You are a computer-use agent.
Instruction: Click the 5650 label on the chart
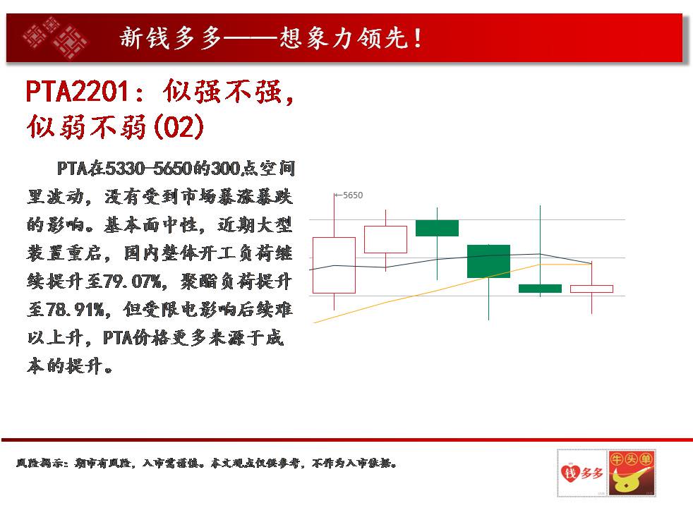click(353, 195)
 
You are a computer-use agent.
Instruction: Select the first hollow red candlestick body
click(313, 265)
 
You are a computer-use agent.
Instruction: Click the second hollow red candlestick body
click(365, 239)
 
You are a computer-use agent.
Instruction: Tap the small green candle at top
click(437, 228)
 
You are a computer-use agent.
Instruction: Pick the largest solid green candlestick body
click(488, 261)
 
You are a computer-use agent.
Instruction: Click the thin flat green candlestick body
click(540, 289)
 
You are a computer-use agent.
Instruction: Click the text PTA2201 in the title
click(78, 92)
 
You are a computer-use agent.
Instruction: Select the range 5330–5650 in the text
click(149, 169)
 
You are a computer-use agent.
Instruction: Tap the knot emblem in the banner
click(55, 38)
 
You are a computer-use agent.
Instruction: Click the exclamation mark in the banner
click(417, 38)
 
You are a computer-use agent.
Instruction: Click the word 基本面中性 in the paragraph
click(150, 225)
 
